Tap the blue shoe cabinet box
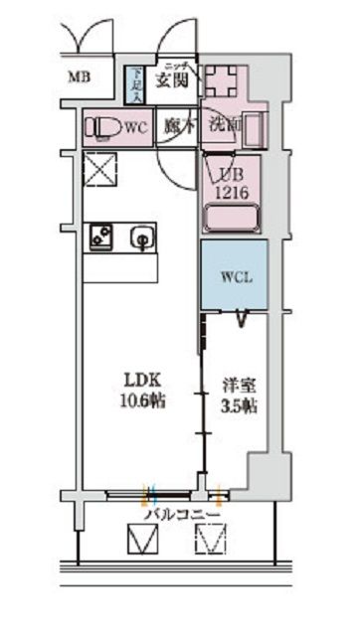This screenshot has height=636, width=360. pyautogui.click(x=134, y=84)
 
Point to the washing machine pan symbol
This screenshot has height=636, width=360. pyautogui.click(x=224, y=79)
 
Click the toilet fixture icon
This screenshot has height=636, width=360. pyautogui.click(x=103, y=128)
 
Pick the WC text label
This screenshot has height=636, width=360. pyautogui.click(x=137, y=127)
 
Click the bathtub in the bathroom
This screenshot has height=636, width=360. pyautogui.click(x=232, y=217)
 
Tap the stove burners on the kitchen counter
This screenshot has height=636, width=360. pyautogui.click(x=102, y=236)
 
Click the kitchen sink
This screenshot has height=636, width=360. pyautogui.click(x=143, y=237)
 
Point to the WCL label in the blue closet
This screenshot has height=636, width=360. pyautogui.click(x=236, y=276)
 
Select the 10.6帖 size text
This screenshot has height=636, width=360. pyautogui.click(x=143, y=400)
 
